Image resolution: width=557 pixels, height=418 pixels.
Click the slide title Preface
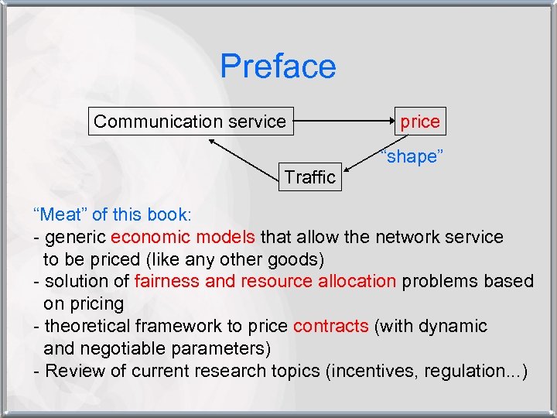[278, 67]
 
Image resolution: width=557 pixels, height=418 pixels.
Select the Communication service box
[190, 122]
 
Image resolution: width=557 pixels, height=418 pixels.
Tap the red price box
[419, 122]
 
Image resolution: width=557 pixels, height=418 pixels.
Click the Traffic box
[309, 177]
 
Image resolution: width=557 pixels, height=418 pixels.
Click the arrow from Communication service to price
[344, 122]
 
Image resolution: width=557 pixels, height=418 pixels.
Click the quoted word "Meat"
[60, 214]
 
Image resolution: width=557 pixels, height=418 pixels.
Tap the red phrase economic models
[183, 237]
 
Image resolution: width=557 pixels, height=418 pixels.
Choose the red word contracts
[331, 326]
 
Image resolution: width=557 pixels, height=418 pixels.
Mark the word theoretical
[90, 326]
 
